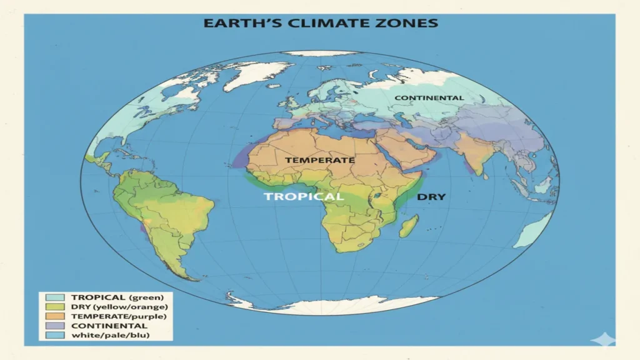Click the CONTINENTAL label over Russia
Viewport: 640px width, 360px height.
[429, 98]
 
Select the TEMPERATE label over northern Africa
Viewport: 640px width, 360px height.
[320, 160]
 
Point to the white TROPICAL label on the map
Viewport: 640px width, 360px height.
[303, 196]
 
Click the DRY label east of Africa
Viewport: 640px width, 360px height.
[431, 196]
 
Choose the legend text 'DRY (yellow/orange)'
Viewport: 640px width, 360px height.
[119, 307]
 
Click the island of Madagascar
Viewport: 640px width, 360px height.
[409, 226]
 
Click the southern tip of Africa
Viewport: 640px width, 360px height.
[342, 249]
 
